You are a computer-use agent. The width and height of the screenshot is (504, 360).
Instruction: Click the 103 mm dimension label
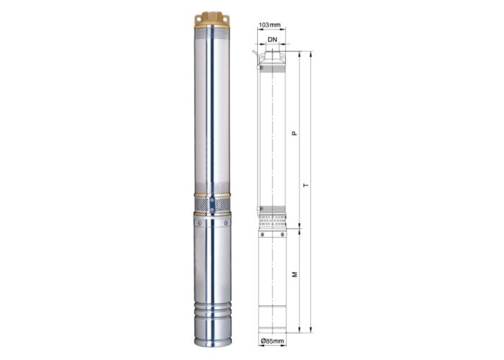[270, 24]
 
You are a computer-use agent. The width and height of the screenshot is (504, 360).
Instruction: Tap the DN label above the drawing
[272, 40]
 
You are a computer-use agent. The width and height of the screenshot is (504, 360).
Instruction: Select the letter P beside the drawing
[294, 132]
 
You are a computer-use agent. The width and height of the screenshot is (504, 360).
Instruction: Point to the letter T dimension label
[306, 186]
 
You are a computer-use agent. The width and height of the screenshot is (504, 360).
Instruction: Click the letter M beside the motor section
[294, 274]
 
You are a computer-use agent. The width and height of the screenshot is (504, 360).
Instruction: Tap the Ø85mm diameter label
[273, 341]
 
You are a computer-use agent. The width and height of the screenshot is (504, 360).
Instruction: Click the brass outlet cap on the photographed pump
[212, 20]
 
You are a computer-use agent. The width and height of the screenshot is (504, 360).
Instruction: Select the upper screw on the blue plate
[212, 200]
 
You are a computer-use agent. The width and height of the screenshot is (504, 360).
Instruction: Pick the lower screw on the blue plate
[212, 210]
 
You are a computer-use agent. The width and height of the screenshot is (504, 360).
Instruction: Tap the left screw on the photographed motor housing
[199, 222]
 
